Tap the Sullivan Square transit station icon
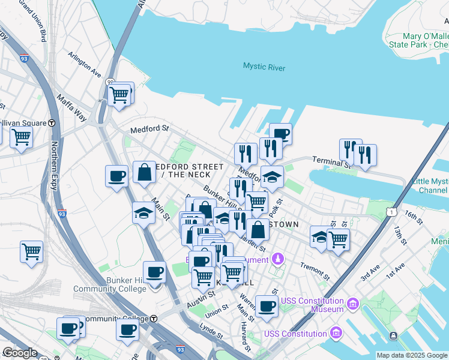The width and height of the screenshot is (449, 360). click(x=52, y=123)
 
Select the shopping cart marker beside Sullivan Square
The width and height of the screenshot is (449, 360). click(x=21, y=137)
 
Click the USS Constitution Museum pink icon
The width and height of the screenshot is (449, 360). click(x=352, y=304)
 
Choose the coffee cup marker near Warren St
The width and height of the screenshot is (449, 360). click(x=267, y=306)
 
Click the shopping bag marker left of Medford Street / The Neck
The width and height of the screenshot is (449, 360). click(x=145, y=173)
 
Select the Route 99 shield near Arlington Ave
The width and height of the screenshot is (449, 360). click(x=110, y=82)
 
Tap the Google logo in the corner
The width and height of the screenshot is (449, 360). click(x=19, y=352)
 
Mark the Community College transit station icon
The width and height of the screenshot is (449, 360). click(x=154, y=318)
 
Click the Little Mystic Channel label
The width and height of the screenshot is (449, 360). click(x=430, y=186)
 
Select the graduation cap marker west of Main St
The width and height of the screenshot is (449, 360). click(x=143, y=213)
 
